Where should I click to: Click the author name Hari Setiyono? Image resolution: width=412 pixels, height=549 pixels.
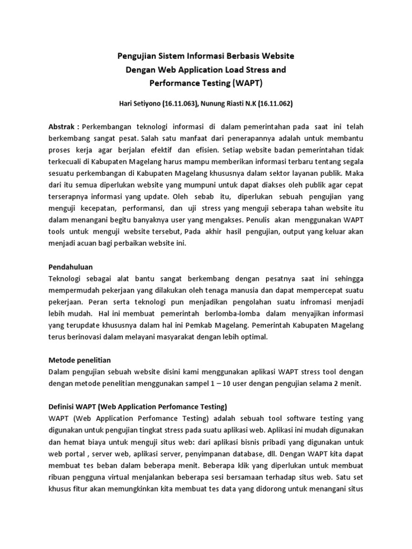(x=140, y=103)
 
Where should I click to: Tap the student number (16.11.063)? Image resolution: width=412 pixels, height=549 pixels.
(x=181, y=103)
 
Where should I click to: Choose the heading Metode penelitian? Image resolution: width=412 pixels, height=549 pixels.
(x=79, y=360)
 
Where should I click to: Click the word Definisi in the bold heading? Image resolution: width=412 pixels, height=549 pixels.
(x=63, y=406)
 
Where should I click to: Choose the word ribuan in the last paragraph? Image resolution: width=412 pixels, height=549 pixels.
(x=60, y=477)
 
